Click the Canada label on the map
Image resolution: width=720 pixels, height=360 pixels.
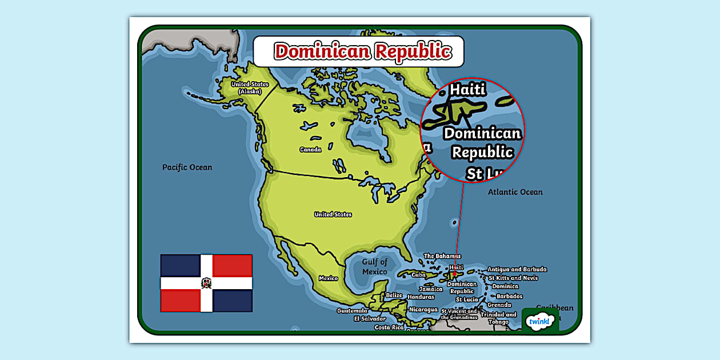pyautogui.click(x=310, y=150)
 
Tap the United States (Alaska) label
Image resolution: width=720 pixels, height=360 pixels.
pyautogui.click(x=250, y=87)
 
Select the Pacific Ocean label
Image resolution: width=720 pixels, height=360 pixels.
pyautogui.click(x=187, y=167)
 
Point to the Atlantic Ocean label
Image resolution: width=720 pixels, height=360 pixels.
pyautogui.click(x=515, y=192)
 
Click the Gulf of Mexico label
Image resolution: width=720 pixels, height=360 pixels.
pyautogui.click(x=375, y=266)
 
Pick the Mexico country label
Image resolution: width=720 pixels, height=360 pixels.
pyautogui.click(x=328, y=278)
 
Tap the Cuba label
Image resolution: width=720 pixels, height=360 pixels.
pyautogui.click(x=418, y=275)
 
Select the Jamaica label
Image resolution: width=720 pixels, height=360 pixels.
pyautogui.click(x=430, y=289)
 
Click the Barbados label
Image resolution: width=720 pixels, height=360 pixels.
pyautogui.click(x=509, y=296)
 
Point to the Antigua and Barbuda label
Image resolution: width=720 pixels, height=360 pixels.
pyautogui.click(x=517, y=269)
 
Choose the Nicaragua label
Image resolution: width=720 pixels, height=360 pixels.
pyautogui.click(x=423, y=309)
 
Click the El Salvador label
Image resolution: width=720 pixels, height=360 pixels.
pyautogui.click(x=370, y=318)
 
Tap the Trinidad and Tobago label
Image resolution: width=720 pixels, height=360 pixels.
pyautogui.click(x=498, y=318)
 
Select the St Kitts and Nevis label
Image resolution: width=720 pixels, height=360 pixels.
pyautogui.click(x=513, y=278)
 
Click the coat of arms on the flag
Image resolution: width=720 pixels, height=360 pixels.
pyautogui.click(x=206, y=283)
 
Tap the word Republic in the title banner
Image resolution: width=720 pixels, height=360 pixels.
pyautogui.click(x=413, y=51)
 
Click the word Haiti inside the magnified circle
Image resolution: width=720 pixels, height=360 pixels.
pyautogui.click(x=467, y=90)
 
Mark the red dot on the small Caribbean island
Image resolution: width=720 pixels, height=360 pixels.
pyautogui.click(x=454, y=274)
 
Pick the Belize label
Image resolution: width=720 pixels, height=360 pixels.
pyautogui.click(x=394, y=295)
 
